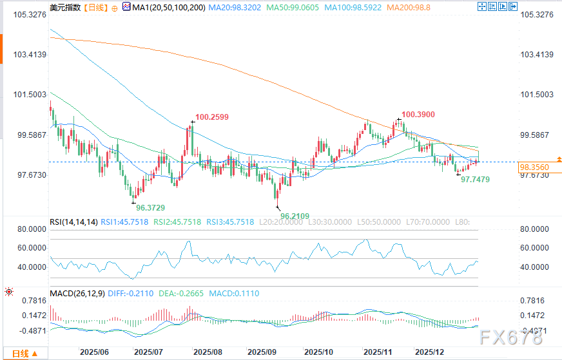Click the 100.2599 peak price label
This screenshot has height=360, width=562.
pos(212,117)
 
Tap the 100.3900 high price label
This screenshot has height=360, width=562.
pos(418,114)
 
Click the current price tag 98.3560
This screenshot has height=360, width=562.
pos(534,167)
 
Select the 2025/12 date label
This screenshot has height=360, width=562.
pos(430,353)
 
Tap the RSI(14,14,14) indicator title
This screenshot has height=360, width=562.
pos(73,222)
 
